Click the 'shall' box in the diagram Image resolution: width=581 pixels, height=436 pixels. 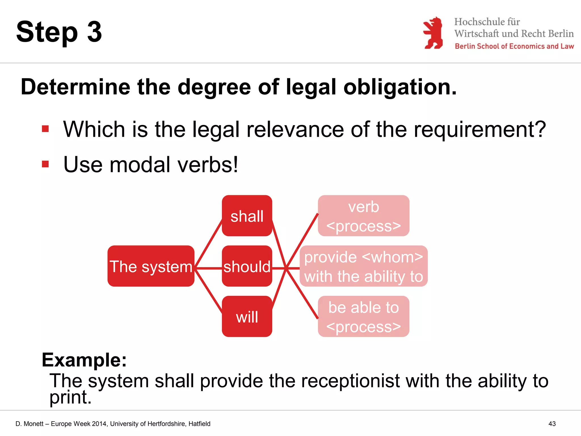[x=247, y=216]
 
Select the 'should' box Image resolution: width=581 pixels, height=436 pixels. [x=247, y=266]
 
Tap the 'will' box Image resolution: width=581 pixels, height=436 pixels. [x=247, y=316]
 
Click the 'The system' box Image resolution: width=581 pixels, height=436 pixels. [x=151, y=266]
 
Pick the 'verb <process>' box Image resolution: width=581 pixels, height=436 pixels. [x=363, y=216]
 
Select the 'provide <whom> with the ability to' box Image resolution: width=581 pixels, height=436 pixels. [x=363, y=266]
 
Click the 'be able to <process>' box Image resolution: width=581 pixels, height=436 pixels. [x=363, y=316]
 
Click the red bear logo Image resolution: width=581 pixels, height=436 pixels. [x=433, y=33]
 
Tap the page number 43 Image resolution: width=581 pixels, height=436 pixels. [x=552, y=424]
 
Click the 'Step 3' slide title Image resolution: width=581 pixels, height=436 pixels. [x=59, y=32]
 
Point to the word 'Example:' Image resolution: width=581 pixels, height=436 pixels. [x=84, y=360]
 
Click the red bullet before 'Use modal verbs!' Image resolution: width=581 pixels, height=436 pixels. [x=45, y=164]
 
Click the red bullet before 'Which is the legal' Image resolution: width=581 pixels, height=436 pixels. [x=45, y=129]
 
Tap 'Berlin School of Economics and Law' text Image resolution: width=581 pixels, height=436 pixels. [x=514, y=46]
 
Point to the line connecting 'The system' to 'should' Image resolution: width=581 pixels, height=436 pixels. [x=209, y=268]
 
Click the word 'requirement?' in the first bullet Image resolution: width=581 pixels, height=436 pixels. [x=479, y=129]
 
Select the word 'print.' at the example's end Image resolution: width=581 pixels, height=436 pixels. [x=70, y=397]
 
